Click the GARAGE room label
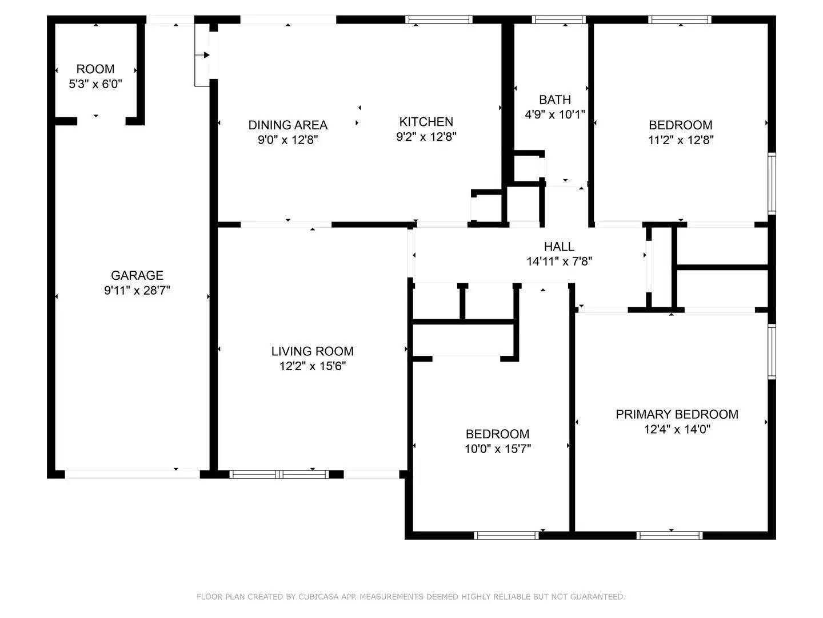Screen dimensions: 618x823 [x=137, y=275]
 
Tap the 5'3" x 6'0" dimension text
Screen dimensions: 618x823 [x=95, y=84]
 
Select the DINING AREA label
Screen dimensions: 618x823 [x=287, y=125]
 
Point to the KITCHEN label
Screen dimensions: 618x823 [x=426, y=121]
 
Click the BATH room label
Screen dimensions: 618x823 [x=554, y=100]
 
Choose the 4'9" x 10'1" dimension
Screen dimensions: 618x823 [x=554, y=114]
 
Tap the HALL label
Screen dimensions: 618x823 [x=558, y=247]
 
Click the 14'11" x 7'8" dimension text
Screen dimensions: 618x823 [x=558, y=262]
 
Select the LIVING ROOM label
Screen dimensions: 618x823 [x=312, y=351]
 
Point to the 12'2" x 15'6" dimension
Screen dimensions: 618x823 [x=312, y=366]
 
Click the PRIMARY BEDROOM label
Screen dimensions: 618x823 [x=677, y=414]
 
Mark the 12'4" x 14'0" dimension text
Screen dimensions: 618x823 [x=677, y=429]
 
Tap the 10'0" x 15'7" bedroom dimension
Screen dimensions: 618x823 [x=497, y=449]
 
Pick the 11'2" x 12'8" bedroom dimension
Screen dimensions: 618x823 [x=680, y=140]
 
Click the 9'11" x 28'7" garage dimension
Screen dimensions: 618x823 [x=137, y=290]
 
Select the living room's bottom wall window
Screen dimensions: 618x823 [x=279, y=474]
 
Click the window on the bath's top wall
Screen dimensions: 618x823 [x=558, y=19]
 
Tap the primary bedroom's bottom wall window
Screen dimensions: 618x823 [x=669, y=536]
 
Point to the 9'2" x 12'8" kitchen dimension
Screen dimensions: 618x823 [x=426, y=136]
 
